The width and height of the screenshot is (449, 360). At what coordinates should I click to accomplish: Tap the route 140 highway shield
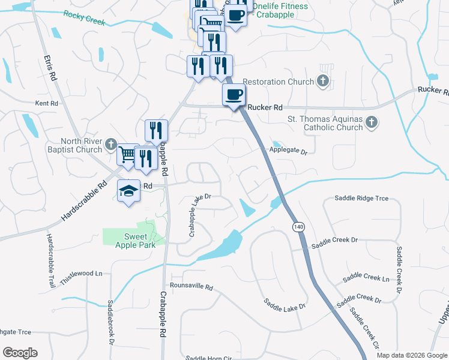point(297,227)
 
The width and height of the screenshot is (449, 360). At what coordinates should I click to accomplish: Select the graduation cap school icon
point(128,190)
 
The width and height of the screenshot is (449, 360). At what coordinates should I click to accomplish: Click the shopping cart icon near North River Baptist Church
point(127,155)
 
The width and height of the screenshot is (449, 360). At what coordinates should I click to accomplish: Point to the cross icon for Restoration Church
point(323,81)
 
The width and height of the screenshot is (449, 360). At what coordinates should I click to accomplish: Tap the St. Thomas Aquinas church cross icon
point(372,123)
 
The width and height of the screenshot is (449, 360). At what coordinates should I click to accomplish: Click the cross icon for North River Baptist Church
point(110,144)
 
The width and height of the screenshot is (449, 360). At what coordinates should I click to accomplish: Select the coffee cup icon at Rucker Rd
point(234,94)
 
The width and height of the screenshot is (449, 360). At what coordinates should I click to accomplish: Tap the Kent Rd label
point(46,103)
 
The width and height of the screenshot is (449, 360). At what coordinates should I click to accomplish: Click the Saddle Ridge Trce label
point(361,198)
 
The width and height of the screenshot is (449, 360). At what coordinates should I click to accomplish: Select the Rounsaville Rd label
point(191,287)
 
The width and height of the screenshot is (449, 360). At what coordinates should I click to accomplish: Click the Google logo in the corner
point(20,353)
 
